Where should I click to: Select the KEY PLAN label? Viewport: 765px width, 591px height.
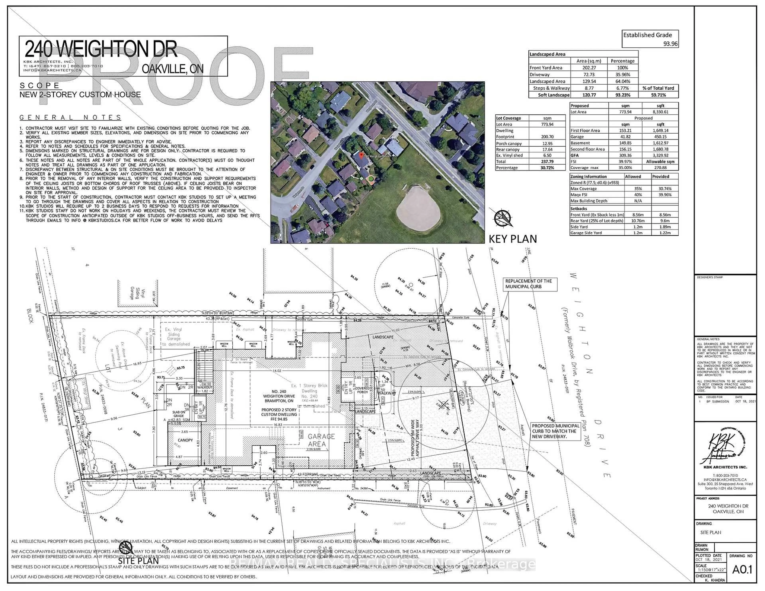(512, 239)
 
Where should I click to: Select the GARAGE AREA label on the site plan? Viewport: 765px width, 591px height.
(321, 440)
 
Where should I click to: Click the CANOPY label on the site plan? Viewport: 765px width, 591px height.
(185, 440)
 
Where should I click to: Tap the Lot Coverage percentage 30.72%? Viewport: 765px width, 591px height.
(547, 168)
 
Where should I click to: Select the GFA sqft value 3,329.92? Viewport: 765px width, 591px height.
(660, 155)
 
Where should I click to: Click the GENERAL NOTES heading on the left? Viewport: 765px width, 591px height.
(70, 118)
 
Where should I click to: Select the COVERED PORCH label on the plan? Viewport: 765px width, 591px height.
(362, 390)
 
